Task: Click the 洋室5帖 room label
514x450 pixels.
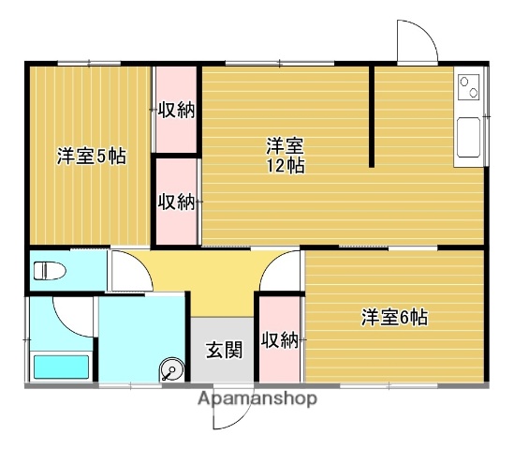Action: [x=91, y=156]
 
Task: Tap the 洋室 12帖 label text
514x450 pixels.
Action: [x=283, y=156]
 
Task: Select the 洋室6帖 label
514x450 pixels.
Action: [x=394, y=318]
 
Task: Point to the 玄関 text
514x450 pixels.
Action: [x=224, y=351]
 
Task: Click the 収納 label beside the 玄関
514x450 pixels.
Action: [x=279, y=339]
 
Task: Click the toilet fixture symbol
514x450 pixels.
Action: [x=52, y=272]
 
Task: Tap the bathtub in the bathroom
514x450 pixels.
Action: [x=61, y=367]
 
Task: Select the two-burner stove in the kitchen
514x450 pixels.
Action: [x=468, y=87]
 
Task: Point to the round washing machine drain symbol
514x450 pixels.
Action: [x=171, y=370]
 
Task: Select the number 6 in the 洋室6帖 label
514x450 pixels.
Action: [x=404, y=318]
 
